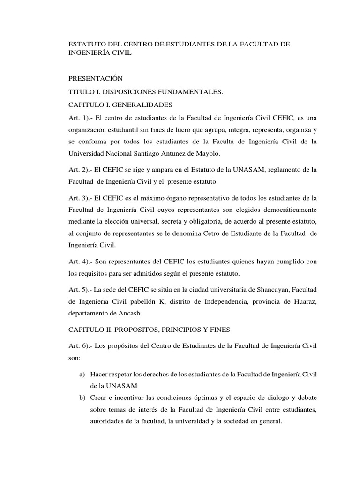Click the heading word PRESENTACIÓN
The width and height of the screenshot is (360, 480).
(95, 78)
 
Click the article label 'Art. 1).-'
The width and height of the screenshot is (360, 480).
(81, 118)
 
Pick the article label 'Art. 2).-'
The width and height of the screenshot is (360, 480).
(81, 169)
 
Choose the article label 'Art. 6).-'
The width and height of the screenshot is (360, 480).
(81, 346)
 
